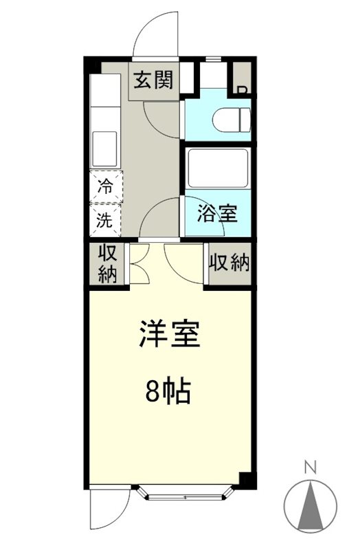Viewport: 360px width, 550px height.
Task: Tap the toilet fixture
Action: (x=231, y=120)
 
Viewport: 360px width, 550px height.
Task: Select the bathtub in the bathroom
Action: (x=216, y=168)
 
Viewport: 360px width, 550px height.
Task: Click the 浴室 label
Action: (x=217, y=214)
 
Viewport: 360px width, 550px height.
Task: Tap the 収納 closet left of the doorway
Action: (x=106, y=263)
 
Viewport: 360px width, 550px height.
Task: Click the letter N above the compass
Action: (x=310, y=468)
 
